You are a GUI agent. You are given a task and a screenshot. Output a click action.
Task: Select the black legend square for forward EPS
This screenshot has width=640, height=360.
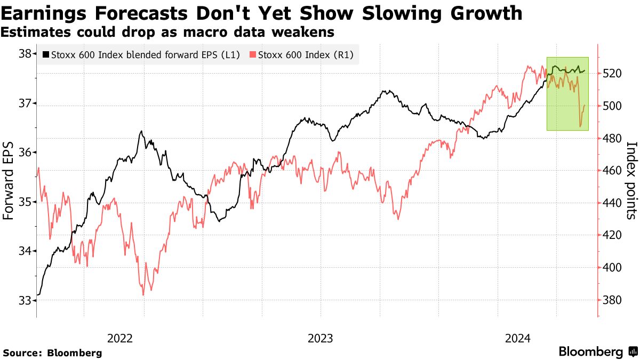pos(46,54)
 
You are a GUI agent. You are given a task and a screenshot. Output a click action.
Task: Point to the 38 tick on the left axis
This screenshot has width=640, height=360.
pos(25,54)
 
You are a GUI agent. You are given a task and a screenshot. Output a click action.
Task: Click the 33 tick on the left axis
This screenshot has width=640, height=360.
pos(25,300)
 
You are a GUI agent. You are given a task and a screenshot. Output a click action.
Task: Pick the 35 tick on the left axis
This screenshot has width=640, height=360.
pos(25,202)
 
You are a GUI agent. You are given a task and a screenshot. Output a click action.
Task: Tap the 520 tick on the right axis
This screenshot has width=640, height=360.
pos(613,74)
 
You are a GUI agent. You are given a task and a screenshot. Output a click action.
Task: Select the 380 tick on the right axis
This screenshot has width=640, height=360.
pos(613,300)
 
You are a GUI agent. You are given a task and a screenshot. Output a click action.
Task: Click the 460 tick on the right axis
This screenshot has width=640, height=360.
pos(613,171)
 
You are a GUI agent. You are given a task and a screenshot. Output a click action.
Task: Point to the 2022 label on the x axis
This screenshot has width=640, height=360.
pos(119,338)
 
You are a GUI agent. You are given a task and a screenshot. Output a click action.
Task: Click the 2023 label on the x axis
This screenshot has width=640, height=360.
pos(320,338)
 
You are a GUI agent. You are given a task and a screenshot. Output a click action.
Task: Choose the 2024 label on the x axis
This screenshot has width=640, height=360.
pos(517,338)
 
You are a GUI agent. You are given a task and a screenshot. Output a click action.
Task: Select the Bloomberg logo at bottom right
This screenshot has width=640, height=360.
pos(597,352)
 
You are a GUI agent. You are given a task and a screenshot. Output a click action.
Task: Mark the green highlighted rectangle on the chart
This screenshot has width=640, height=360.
pos(567,94)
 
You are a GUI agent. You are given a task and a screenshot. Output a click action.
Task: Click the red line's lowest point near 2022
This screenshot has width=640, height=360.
pos(143,294)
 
